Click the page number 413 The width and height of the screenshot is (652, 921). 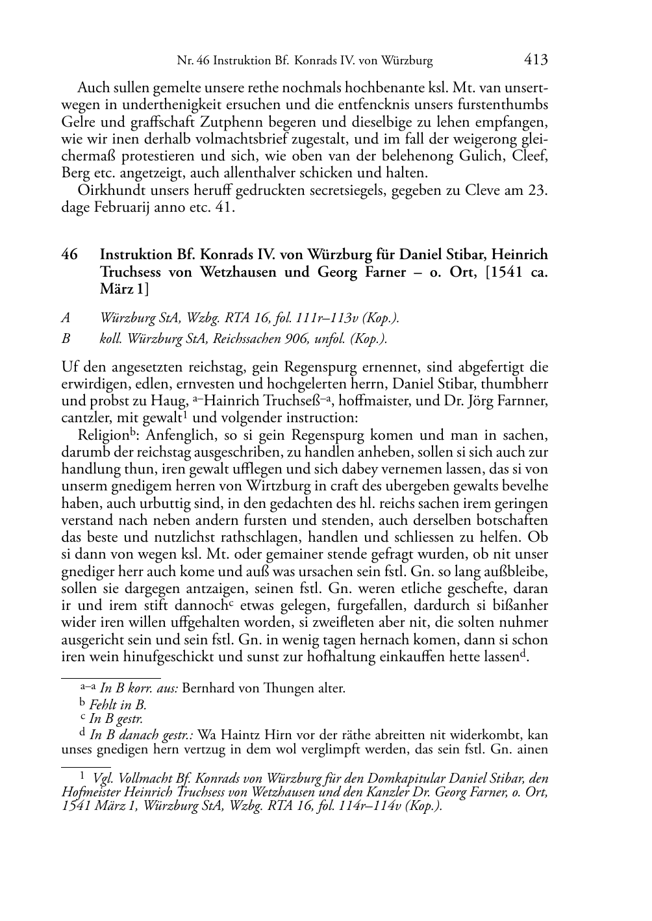[536, 60]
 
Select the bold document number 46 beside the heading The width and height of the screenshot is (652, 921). [69, 255]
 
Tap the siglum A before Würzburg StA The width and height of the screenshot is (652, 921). [66, 318]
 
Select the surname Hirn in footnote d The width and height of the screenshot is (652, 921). [279, 735]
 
